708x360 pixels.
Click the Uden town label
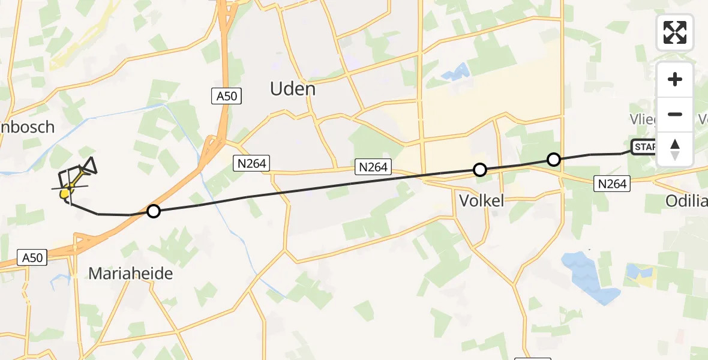point(293,89)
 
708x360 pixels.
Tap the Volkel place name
point(481,200)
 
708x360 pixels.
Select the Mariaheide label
point(130,274)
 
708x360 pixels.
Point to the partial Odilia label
point(686,202)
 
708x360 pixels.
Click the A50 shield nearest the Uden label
point(226,96)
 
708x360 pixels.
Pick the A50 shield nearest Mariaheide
point(31,257)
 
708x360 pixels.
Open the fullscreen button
point(675,32)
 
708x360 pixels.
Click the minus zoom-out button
point(675,114)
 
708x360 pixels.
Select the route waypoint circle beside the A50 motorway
point(154,211)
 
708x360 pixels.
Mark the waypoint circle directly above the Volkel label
point(479,170)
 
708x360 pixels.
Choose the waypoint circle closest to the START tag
point(554,160)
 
